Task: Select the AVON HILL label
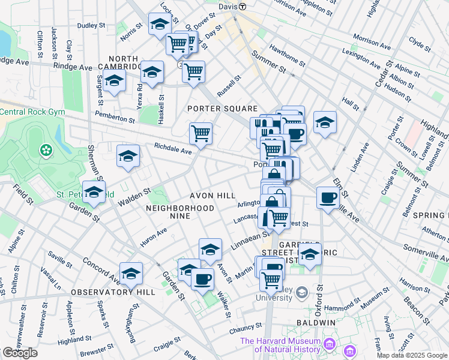[x=213, y=196]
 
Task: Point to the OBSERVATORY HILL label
[x=113, y=292]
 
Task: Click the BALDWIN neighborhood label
[x=316, y=323]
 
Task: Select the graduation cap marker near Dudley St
[x=160, y=24]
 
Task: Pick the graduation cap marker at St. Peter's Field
[x=94, y=192]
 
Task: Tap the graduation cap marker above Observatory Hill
[x=131, y=273]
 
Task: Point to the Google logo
[x=20, y=353]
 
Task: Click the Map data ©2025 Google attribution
[x=412, y=355]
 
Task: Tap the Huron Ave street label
[x=153, y=239]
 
